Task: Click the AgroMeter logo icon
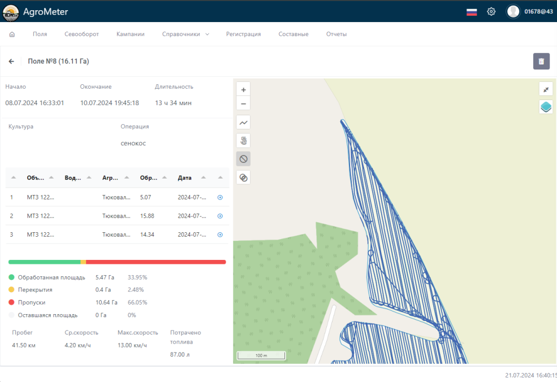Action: (x=11, y=12)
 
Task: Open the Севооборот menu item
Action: (x=82, y=34)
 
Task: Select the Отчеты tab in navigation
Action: (x=336, y=34)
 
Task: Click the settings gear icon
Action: (x=491, y=11)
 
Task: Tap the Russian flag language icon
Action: (x=472, y=12)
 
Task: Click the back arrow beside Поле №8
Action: (x=11, y=61)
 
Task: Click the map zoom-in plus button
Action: (x=243, y=90)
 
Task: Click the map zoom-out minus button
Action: (x=243, y=103)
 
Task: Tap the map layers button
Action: (x=546, y=107)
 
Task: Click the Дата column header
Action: (x=184, y=177)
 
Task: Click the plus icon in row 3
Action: (x=220, y=235)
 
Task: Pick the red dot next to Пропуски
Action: (x=12, y=302)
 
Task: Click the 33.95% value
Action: (x=137, y=277)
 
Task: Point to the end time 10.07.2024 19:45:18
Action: (x=110, y=103)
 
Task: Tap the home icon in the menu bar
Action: (x=12, y=34)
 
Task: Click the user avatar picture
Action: (x=513, y=11)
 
